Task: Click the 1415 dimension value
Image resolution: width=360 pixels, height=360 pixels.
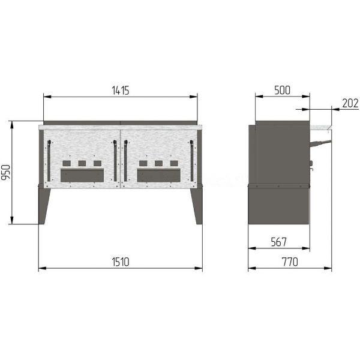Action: [x=121, y=91]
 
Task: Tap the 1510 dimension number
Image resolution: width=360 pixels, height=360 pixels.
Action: [x=121, y=262]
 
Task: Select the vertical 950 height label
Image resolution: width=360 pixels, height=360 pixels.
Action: [x=6, y=172]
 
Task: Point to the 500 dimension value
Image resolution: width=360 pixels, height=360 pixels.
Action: [x=282, y=90]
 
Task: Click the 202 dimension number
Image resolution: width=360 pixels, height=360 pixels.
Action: [x=350, y=103]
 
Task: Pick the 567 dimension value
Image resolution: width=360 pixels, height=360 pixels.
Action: [x=279, y=242]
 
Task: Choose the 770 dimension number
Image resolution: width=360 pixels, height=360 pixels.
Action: [x=290, y=262]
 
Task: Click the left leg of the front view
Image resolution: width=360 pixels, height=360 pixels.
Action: [x=43, y=205]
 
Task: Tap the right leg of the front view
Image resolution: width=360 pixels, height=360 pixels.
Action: [x=197, y=205]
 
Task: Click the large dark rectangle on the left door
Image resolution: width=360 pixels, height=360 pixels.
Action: [x=82, y=175]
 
